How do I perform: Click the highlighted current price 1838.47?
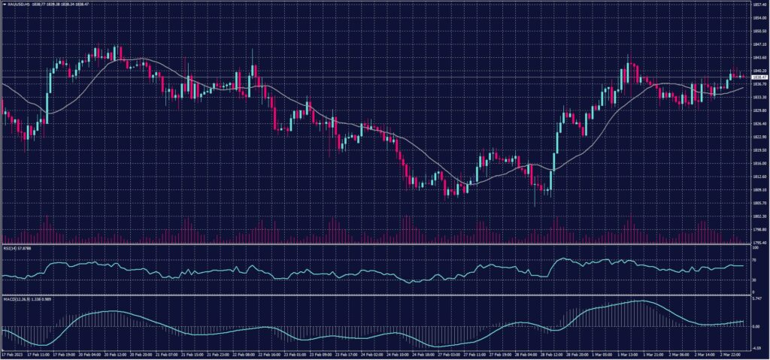[x=759, y=77]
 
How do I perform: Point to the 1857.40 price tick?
[x=759, y=4]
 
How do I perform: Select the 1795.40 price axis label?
[x=759, y=242]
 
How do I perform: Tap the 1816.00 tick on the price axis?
[x=759, y=163]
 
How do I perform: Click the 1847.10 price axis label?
[x=759, y=44]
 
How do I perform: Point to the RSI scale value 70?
[x=754, y=260]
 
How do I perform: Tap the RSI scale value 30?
[x=754, y=280]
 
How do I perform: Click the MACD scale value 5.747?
[x=757, y=300]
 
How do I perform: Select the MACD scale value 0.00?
[x=756, y=326]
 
